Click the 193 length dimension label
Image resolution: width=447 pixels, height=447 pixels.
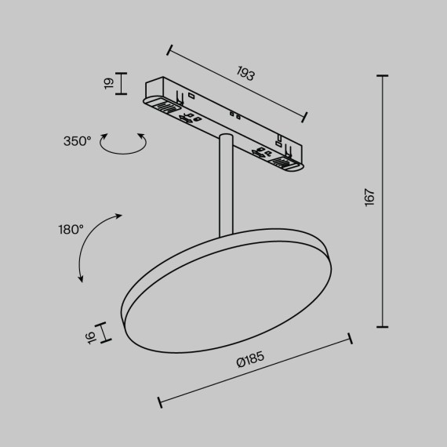pyautogui.click(x=246, y=75)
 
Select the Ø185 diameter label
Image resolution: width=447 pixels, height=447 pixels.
pyautogui.click(x=250, y=362)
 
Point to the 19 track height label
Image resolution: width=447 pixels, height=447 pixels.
pyautogui.click(x=110, y=82)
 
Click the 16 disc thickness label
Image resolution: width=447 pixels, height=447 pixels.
pyautogui.click(x=91, y=336)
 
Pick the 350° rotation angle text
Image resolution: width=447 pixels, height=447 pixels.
pyautogui.click(x=78, y=141)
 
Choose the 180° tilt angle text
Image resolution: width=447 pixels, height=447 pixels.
pyautogui.click(x=71, y=230)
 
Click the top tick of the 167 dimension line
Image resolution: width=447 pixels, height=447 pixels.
pyautogui.click(x=383, y=76)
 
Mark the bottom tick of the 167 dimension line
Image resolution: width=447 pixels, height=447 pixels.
pyautogui.click(x=383, y=325)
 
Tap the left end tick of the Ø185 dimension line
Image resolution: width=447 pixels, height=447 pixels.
pyautogui.click(x=160, y=402)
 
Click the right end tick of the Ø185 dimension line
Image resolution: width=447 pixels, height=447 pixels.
pyautogui.click(x=350, y=340)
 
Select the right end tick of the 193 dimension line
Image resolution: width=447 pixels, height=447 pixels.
pyautogui.click(x=304, y=118)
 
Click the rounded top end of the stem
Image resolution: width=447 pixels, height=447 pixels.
pyautogui.click(x=225, y=139)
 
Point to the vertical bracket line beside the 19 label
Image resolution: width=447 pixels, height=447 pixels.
pyautogui.click(x=120, y=82)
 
